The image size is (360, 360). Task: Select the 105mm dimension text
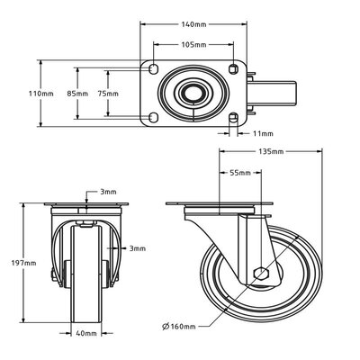pyautogui.click(x=194, y=44)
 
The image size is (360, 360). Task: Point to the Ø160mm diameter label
pyautogui.click(x=179, y=326)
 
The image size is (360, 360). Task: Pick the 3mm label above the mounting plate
pyautogui.click(x=107, y=193)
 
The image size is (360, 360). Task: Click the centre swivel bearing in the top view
pyautogui.click(x=193, y=93)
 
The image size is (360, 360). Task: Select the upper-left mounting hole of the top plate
pyautogui.click(x=153, y=69)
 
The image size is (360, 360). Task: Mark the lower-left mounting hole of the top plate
pyautogui.click(x=153, y=116)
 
